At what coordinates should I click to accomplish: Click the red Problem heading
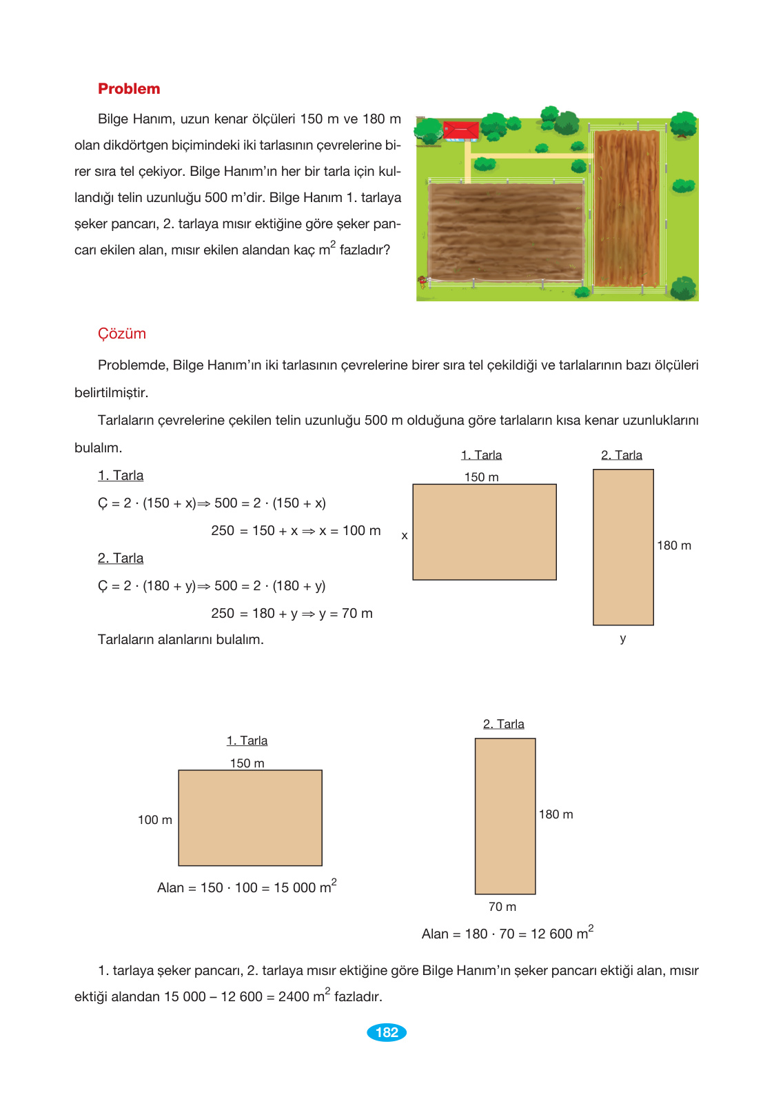129,89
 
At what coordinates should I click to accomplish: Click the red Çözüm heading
122,334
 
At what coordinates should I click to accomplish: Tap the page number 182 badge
387,1032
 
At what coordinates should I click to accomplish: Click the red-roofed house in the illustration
460,130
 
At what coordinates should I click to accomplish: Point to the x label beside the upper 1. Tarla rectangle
405,536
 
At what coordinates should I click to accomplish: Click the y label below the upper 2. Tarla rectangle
623,639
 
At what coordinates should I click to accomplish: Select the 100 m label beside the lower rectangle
155,820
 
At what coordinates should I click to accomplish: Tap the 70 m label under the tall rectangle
502,907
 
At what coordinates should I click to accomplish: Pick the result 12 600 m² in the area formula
562,933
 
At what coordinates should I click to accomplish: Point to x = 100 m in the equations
350,531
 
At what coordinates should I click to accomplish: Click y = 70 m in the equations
346,614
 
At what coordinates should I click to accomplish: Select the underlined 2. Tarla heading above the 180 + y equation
121,559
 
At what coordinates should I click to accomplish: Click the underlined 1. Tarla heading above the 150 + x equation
121,476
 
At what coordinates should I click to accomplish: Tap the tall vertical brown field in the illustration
627,207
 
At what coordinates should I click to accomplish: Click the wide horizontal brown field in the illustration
507,231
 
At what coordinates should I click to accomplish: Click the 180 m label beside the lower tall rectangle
556,814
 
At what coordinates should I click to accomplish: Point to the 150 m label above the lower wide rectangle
247,763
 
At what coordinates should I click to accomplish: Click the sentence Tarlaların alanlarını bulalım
181,640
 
